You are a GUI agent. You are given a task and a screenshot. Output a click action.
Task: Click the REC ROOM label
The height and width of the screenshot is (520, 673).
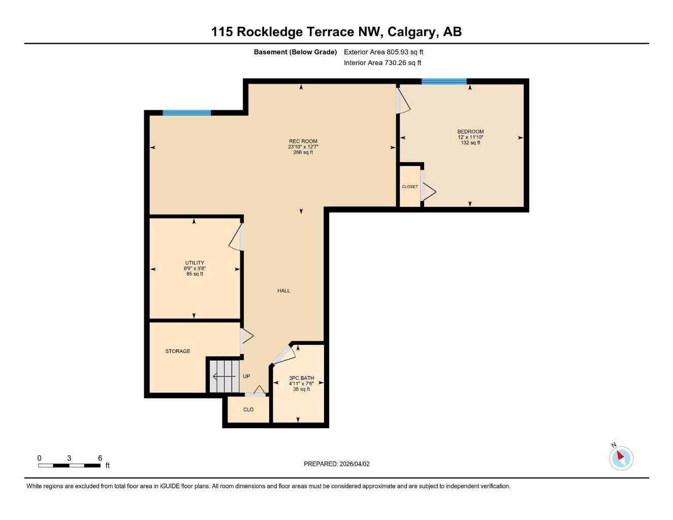tap(303, 142)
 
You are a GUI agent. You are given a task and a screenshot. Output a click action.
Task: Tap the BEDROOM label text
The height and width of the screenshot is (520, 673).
tap(470, 132)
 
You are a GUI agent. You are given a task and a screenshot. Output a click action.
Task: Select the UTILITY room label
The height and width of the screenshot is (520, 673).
tap(195, 263)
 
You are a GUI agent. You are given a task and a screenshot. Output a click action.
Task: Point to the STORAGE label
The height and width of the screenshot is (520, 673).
tap(178, 351)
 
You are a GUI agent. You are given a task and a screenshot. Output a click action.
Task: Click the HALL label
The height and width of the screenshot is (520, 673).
tap(283, 291)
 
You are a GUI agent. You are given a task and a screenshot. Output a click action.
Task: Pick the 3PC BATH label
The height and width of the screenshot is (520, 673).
tap(301, 378)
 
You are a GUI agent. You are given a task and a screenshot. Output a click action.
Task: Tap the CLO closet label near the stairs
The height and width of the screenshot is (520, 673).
tap(248, 410)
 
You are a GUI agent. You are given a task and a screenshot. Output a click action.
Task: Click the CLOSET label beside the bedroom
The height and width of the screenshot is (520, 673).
tap(410, 187)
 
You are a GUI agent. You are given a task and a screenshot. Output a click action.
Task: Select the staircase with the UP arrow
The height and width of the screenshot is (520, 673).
tap(224, 376)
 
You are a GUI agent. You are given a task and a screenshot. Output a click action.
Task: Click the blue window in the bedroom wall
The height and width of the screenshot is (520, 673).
tap(444, 81)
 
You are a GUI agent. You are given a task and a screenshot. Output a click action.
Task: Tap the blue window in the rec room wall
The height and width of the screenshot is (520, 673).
tap(186, 113)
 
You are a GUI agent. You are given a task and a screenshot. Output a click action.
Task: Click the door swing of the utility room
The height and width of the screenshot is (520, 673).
tap(236, 238)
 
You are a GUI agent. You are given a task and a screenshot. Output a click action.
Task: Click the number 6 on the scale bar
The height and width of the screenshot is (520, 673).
tap(100, 458)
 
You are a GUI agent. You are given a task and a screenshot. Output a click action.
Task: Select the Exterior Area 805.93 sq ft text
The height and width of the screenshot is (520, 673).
tap(383, 52)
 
